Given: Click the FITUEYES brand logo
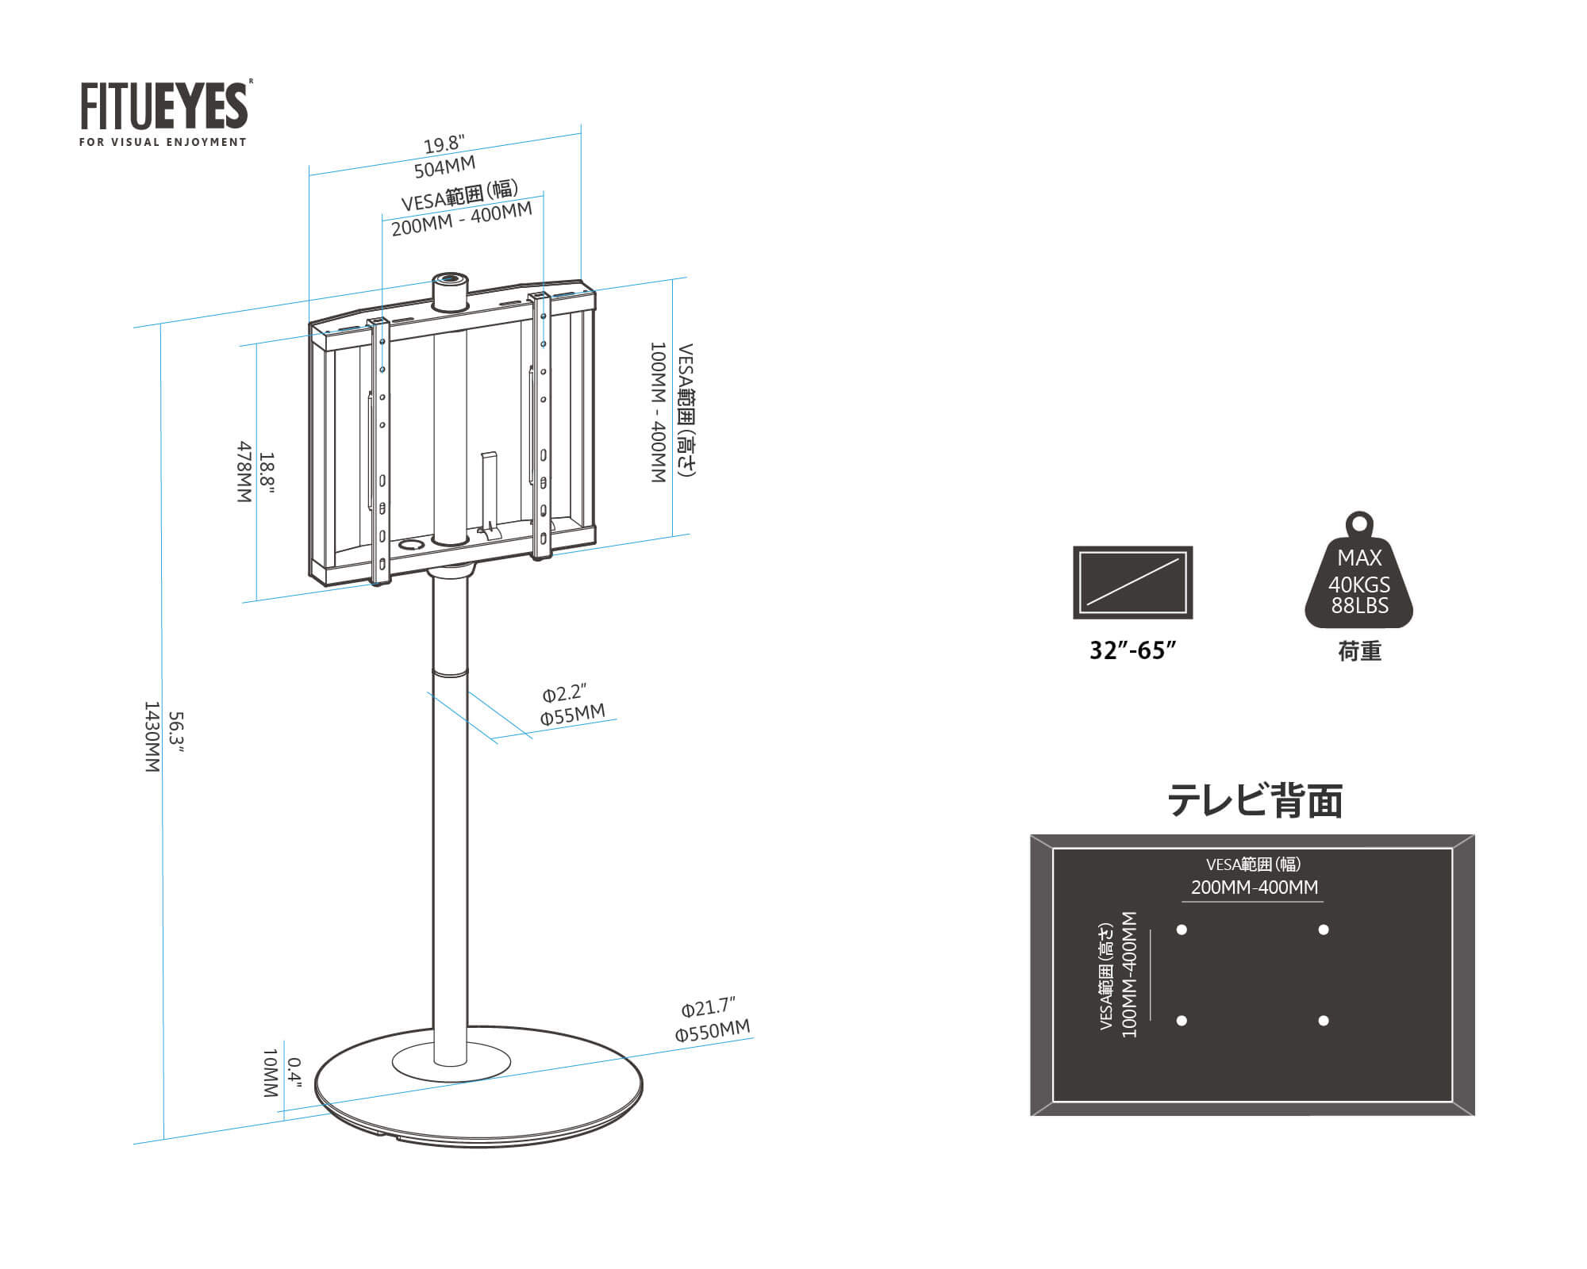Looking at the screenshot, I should tap(164, 106).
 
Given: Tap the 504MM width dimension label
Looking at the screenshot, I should tap(444, 167).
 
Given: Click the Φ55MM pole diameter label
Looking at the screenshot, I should tap(572, 715).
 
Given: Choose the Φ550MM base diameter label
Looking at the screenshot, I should tap(713, 1030).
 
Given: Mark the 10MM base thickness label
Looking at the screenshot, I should tap(270, 1072).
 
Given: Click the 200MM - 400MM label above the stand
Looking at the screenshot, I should tap(462, 219).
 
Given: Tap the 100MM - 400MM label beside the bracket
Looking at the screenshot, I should tap(658, 412).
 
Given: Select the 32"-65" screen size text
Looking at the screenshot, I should tap(1132, 651).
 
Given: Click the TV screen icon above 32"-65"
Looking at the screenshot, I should tap(1132, 582).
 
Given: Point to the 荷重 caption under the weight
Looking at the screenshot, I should tap(1359, 652).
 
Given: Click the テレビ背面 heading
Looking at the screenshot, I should tap(1255, 801).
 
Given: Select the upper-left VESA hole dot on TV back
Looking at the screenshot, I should tap(1182, 930).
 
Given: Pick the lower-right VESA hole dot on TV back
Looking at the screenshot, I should tap(1323, 1021).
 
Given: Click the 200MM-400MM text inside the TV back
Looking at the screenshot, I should tap(1254, 888).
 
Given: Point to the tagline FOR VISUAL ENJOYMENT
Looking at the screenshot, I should tap(163, 143).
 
